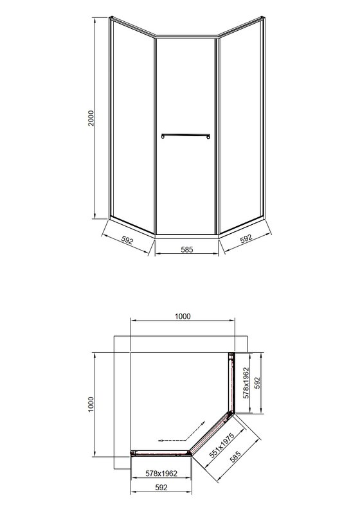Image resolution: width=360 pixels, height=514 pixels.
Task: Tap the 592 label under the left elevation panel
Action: tap(126, 241)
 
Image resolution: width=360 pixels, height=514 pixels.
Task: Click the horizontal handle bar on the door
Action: tap(186, 135)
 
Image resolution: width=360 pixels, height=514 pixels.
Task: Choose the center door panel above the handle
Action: tap(186, 84)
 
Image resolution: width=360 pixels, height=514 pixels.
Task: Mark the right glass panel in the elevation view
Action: tap(240, 122)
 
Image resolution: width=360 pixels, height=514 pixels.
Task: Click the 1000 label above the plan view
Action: tap(183, 315)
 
